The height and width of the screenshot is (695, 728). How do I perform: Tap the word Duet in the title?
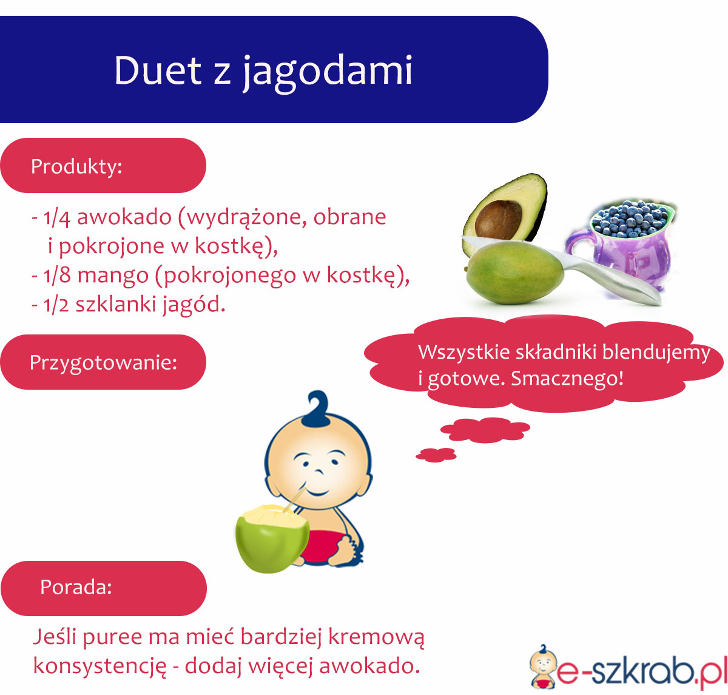click(x=158, y=70)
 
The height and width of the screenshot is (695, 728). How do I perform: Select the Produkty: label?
click(x=76, y=167)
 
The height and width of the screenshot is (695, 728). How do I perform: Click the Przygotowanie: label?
click(x=103, y=363)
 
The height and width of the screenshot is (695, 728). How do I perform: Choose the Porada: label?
click(x=76, y=587)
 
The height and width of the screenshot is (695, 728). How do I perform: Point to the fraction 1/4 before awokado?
click(x=56, y=218)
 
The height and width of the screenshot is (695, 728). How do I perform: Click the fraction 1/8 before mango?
click(x=56, y=276)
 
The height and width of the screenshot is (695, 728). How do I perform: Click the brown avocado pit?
click(x=499, y=221)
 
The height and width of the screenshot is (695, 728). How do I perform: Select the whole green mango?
click(x=514, y=273)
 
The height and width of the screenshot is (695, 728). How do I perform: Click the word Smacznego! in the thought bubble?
click(x=567, y=379)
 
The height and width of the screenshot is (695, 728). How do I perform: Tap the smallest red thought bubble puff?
click(x=436, y=455)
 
